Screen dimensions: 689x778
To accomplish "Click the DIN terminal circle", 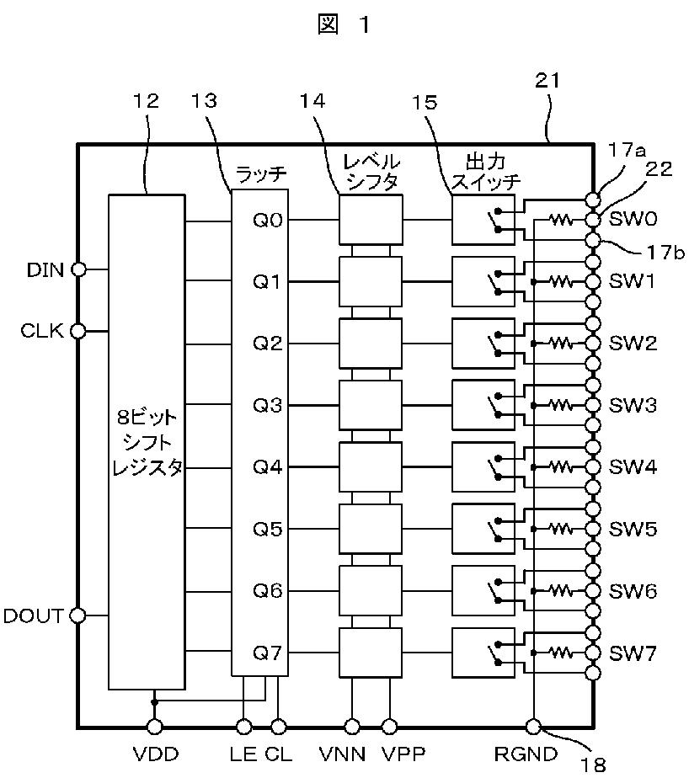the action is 78,269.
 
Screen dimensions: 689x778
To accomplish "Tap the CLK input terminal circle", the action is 78,330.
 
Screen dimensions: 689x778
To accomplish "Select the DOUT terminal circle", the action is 77,615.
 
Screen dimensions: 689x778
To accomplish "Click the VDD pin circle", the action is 154,727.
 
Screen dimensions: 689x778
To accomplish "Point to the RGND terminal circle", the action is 533,727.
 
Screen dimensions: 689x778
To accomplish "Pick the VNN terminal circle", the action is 352,727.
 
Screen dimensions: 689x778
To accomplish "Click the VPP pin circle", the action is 390,727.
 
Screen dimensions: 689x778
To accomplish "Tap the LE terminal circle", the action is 243,727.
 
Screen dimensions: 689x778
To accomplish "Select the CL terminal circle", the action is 279,727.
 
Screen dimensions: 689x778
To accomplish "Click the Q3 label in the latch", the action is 268,405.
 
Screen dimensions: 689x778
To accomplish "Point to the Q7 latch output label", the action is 268,653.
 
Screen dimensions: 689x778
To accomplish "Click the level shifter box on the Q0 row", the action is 371,219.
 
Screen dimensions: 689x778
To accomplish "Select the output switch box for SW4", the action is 483,467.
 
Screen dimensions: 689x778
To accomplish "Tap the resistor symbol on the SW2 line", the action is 561,343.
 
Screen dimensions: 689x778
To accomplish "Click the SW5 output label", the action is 633,529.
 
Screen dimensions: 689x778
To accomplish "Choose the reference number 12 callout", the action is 146,101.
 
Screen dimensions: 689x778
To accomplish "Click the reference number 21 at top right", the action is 547,80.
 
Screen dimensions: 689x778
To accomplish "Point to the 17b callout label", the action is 665,253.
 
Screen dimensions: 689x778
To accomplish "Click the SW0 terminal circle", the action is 593,219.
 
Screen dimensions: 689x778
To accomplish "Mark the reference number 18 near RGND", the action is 593,765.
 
